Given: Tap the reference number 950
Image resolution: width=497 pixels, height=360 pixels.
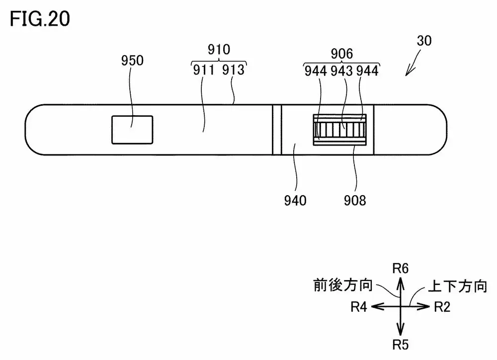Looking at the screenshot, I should tap(132, 61).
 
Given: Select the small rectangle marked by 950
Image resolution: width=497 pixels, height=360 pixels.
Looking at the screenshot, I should tap(132, 130).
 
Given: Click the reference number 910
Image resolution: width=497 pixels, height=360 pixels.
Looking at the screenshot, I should tap(219, 49).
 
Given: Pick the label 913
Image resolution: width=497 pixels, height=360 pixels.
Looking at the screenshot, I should tap(234, 70).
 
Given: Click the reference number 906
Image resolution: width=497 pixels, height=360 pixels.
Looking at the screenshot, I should tap(341, 54).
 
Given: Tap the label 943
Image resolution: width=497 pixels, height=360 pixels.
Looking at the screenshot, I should tap(341, 71).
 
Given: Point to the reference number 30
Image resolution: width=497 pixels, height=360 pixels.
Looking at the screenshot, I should tap(424, 42).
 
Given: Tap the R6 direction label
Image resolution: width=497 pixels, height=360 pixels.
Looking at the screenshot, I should tap(401, 269).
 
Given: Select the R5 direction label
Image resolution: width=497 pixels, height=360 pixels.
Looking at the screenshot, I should tap(401, 344).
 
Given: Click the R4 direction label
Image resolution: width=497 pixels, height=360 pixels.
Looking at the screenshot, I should tap(358, 307).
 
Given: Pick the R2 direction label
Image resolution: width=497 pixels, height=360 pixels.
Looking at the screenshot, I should tap(442, 307).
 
